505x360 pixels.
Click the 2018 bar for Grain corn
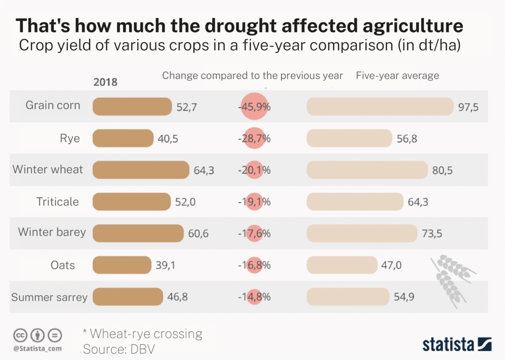coord(132,106)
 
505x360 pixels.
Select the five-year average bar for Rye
coord(349,138)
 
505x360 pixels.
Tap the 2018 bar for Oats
coord(122,265)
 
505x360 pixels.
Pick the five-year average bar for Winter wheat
coord(367,170)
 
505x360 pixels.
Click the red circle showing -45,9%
coord(254,107)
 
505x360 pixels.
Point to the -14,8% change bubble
coord(254,297)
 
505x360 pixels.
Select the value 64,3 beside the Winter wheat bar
coord(204,171)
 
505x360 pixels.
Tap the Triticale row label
coord(57,202)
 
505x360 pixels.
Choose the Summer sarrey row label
coord(49,297)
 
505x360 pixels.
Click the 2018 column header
coord(105,82)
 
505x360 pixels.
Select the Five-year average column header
coord(397,76)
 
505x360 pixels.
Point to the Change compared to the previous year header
coord(252,76)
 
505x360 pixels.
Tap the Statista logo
coord(457,344)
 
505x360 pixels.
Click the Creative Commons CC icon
coord(20,335)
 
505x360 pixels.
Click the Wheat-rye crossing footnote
coord(142,334)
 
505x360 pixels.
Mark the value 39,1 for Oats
coord(166,265)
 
